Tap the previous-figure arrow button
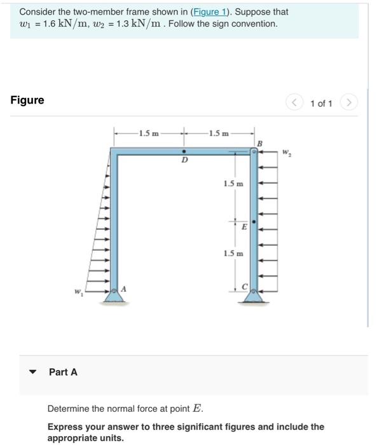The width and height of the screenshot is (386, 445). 294,103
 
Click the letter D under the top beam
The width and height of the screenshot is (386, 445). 184,161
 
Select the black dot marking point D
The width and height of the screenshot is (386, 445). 184,152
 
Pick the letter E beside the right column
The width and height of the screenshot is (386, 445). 243,226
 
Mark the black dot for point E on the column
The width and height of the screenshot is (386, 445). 254,222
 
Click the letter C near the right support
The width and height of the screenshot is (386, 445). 243,287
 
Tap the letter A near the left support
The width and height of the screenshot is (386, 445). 125,288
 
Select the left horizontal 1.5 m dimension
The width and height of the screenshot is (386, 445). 149,133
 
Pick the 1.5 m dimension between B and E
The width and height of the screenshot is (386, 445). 233,184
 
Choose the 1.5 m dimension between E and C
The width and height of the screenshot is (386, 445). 233,254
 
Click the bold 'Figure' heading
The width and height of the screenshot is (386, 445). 27,100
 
